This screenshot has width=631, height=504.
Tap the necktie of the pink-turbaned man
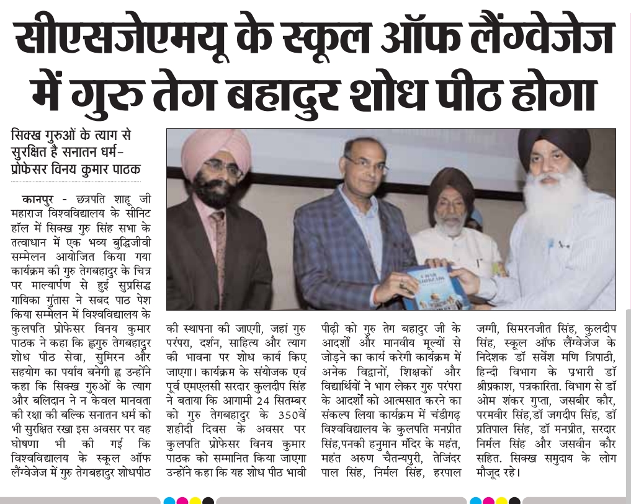pos(218,248)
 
